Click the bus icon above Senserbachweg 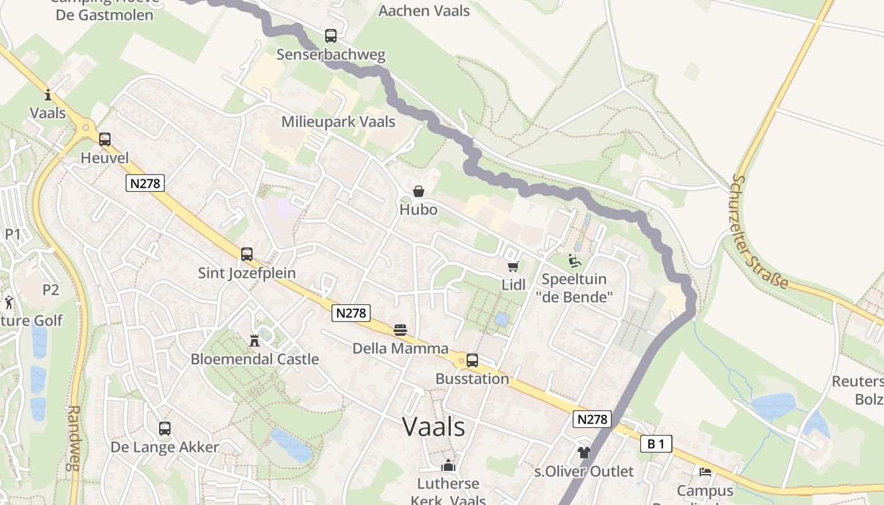pyautogui.click(x=331, y=36)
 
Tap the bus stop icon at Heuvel pyautogui.click(x=105, y=140)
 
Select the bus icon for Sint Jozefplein pyautogui.click(x=247, y=254)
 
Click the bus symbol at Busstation pyautogui.click(x=472, y=360)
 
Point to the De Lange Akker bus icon pyautogui.click(x=165, y=429)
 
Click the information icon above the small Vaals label pyautogui.click(x=48, y=95)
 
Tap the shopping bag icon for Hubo pyautogui.click(x=418, y=191)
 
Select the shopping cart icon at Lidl pyautogui.click(x=513, y=267)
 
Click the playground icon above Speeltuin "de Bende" pyautogui.click(x=574, y=261)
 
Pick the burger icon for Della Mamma pyautogui.click(x=400, y=330)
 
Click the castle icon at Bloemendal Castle pyautogui.click(x=254, y=341)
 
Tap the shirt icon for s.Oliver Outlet pyautogui.click(x=583, y=453)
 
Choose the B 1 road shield pyautogui.click(x=656, y=444)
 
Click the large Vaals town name pyautogui.click(x=434, y=427)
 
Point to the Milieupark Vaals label pyautogui.click(x=338, y=122)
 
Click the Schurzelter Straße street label pyautogui.click(x=761, y=231)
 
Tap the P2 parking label pyautogui.click(x=51, y=290)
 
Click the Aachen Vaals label pyautogui.click(x=424, y=11)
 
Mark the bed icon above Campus pyautogui.click(x=705, y=471)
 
